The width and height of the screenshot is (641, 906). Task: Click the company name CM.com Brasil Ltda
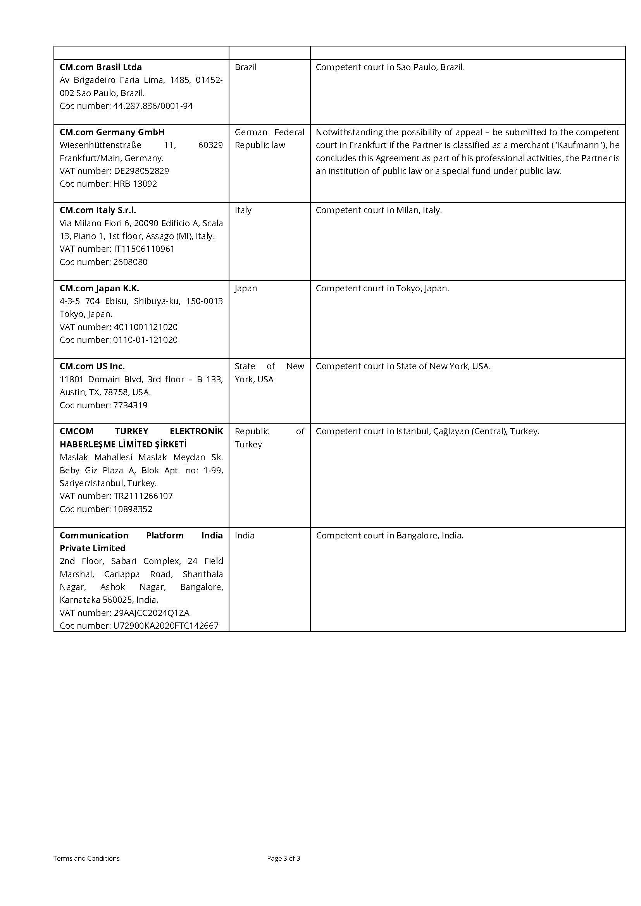[101, 67]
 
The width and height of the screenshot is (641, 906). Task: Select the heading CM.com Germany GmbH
[112, 132]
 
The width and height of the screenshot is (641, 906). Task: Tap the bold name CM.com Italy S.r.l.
[98, 210]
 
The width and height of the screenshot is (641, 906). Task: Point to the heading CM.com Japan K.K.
[100, 288]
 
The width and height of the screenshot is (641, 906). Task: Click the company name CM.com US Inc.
[92, 366]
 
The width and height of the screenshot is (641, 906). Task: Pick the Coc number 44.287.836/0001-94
[153, 106]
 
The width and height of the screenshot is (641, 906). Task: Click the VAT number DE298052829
[141, 171]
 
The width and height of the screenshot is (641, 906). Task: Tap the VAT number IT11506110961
[144, 249]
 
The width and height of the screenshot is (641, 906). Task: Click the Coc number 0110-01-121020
[145, 340]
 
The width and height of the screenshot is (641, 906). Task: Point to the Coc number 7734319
[130, 405]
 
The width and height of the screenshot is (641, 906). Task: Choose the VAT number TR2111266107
[143, 496]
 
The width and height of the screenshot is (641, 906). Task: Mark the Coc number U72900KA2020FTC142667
[166, 626]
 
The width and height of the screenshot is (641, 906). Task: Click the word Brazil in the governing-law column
[245, 67]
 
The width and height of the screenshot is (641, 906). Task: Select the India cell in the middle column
[244, 535]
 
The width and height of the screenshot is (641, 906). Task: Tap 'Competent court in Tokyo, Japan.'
[382, 289]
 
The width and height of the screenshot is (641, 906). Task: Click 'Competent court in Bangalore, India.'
[389, 535]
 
